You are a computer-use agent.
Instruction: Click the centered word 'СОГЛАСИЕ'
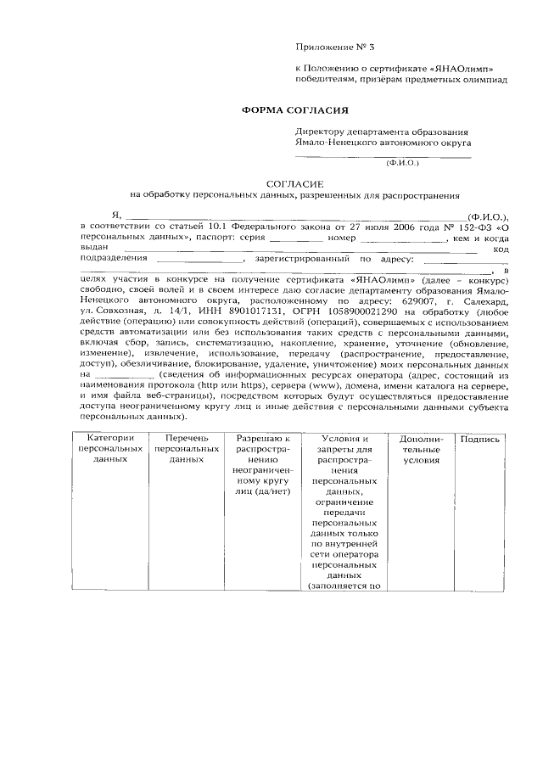pos(293,182)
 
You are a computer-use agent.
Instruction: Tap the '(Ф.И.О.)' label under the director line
pos(402,161)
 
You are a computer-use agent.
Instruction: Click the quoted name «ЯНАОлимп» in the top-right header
pos(462,68)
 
